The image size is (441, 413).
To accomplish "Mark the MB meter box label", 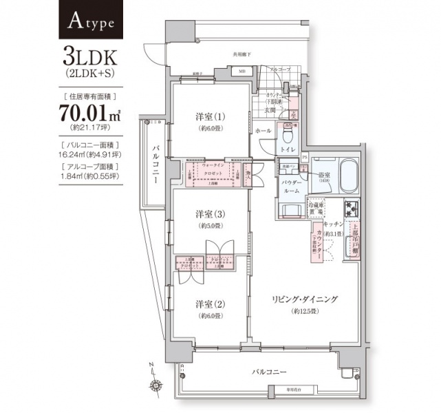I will pyautogui.click(x=241, y=71).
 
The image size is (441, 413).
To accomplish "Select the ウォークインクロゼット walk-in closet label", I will pyautogui.click(x=215, y=169).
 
